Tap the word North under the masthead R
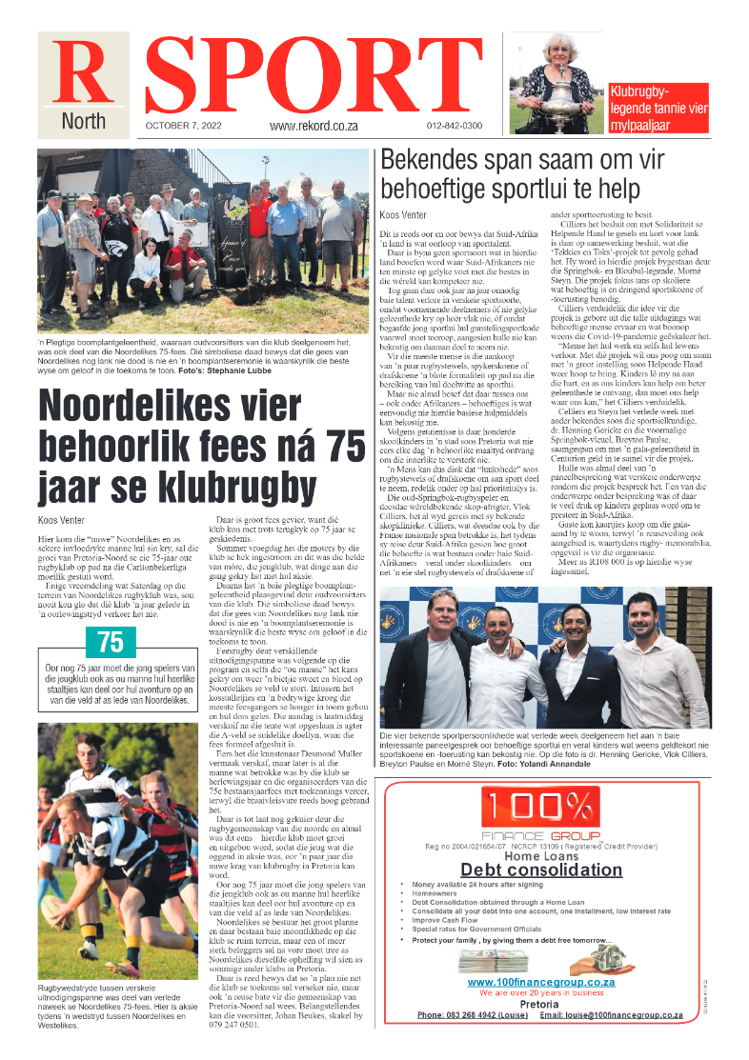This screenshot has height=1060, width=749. (x=83, y=122)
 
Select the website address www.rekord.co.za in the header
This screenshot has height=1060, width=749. (x=314, y=126)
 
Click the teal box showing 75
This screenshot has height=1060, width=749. (x=111, y=643)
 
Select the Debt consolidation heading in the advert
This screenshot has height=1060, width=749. (x=541, y=870)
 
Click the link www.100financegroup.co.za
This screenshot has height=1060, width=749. (x=541, y=982)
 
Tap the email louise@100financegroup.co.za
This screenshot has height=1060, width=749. (x=611, y=1015)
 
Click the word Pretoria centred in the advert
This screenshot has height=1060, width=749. (x=540, y=1004)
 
